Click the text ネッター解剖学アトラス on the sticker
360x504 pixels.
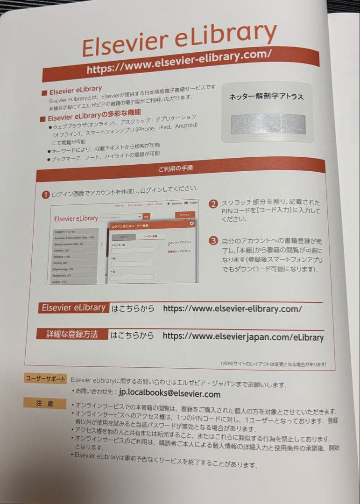click(x=267, y=97)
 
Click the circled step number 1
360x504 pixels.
click(x=46, y=195)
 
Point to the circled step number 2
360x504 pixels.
click(x=213, y=204)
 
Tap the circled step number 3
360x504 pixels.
click(x=213, y=241)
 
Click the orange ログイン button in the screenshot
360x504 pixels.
click(x=185, y=215)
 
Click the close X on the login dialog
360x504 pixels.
click(x=191, y=224)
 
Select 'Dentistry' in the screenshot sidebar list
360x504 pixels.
click(x=61, y=250)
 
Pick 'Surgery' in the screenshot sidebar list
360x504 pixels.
click(x=60, y=281)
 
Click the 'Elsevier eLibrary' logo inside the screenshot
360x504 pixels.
click(x=76, y=218)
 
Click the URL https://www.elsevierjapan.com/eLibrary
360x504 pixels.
click(x=243, y=336)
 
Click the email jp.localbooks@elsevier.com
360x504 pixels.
click(x=170, y=394)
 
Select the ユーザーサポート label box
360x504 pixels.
click(x=45, y=379)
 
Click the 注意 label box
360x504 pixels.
click(x=45, y=403)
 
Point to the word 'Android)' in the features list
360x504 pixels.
click(x=186, y=126)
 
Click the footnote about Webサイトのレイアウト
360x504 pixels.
click(x=273, y=364)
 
